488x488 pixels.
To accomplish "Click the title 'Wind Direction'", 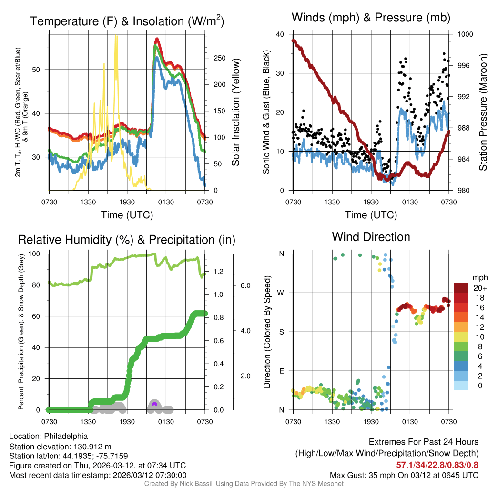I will tap(371, 237).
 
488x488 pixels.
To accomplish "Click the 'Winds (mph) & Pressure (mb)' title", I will tap(371, 18).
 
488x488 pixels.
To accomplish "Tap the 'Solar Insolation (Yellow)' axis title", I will tap(235, 112).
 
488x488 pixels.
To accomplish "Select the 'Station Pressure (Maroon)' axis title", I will tap(482, 112).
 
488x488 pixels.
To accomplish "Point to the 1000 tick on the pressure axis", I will tap(465, 34).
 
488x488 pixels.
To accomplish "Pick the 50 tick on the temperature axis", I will tap(41, 70).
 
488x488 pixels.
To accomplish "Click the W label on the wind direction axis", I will tap(281, 293).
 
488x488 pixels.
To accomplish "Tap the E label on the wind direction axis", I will tap(282, 371).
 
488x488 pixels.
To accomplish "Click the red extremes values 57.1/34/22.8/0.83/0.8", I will tap(437, 465).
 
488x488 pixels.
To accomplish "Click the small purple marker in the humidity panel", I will tap(154, 404).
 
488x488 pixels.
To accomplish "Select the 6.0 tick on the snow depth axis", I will tap(245, 285).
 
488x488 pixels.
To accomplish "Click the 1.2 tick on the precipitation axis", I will tap(218, 272).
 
